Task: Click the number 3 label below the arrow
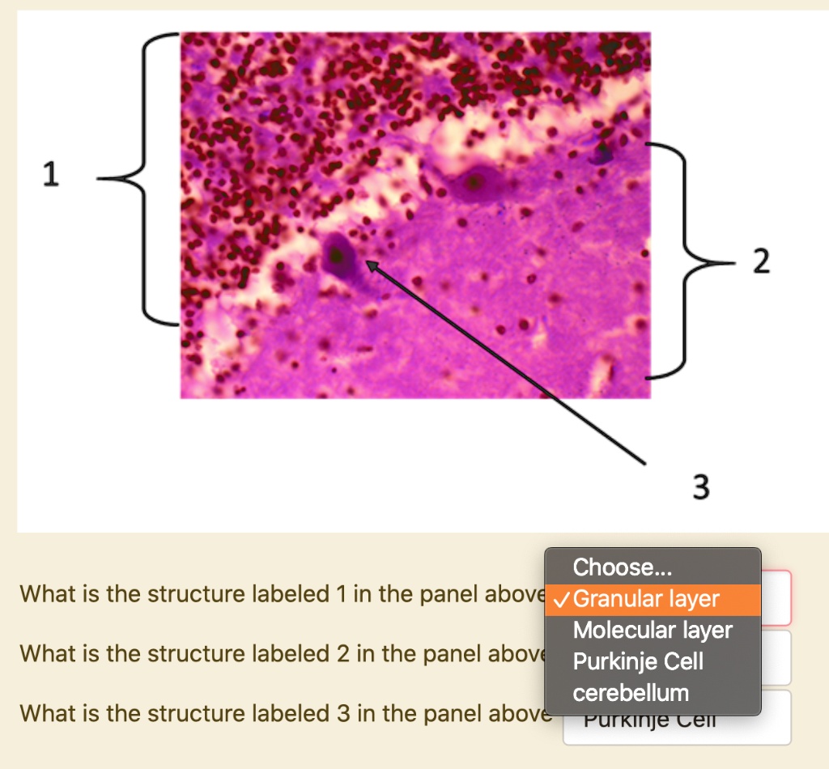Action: tap(701, 487)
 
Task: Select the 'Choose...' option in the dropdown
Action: tap(622, 566)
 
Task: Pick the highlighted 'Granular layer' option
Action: tap(645, 600)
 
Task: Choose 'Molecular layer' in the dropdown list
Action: tap(653, 630)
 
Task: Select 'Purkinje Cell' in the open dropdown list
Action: tap(638, 661)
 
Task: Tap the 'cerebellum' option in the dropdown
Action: tap(631, 693)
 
